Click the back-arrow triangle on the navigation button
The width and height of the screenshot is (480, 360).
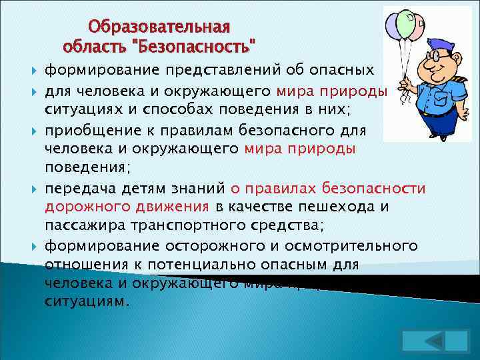pyautogui.click(x=435, y=339)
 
